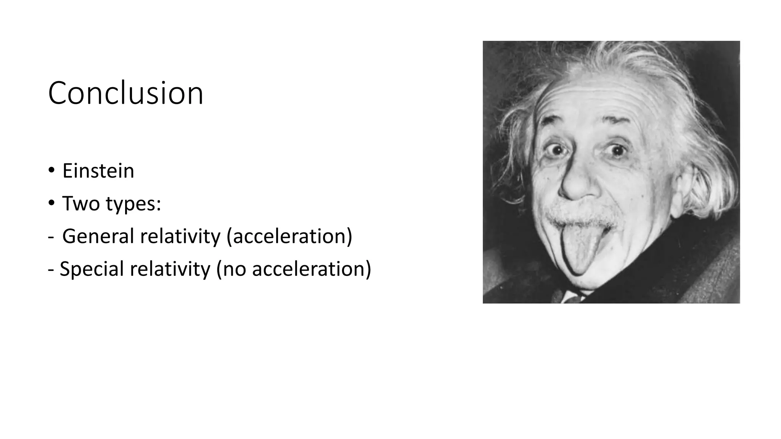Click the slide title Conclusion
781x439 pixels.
coord(125,93)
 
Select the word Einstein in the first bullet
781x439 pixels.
coord(98,171)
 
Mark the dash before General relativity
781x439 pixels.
coord(51,236)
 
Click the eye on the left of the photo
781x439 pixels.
coord(552,150)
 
